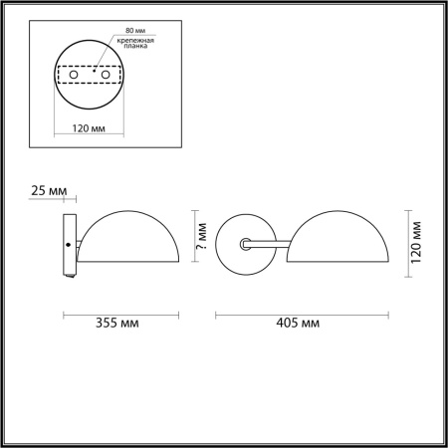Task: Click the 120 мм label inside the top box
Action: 91,127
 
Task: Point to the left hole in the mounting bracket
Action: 73,75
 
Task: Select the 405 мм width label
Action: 298,326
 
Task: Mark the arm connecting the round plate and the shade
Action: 270,241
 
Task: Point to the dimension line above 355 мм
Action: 121,315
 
